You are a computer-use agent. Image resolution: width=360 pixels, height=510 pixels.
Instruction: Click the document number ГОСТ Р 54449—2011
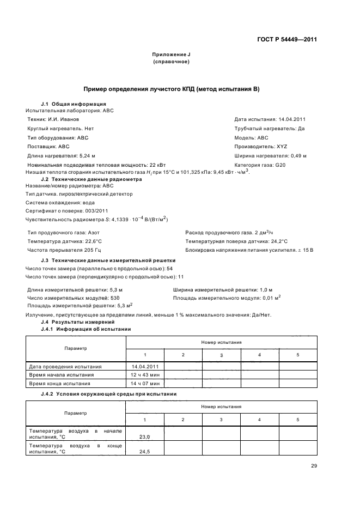288,39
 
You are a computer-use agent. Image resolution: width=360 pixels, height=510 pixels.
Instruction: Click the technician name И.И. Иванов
53,119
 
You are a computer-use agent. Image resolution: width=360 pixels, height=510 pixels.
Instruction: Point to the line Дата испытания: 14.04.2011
270,119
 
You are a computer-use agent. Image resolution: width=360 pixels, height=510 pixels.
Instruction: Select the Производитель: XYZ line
260,147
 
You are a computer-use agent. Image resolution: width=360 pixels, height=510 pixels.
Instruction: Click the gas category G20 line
260,165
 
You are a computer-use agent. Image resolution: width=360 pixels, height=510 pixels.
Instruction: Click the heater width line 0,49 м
270,156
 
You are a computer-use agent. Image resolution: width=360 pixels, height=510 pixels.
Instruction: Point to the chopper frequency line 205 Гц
56,250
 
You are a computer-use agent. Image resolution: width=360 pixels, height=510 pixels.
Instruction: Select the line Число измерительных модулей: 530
73,298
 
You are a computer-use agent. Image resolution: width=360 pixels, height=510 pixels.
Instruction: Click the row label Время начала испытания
62,375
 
